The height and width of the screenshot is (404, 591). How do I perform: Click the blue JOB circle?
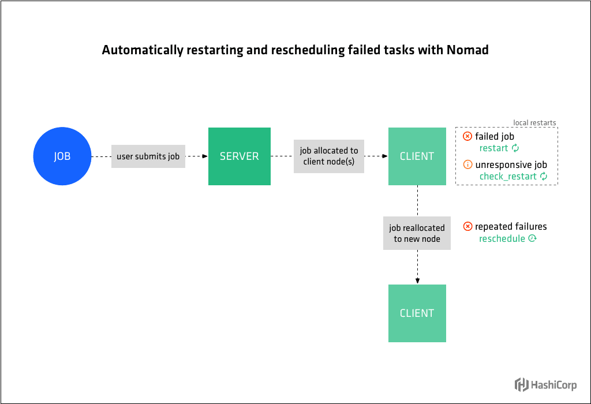click(62, 156)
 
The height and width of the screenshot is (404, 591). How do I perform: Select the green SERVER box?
click(239, 156)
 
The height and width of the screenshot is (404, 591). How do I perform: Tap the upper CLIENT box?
click(417, 156)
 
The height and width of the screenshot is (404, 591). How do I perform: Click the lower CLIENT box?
click(417, 313)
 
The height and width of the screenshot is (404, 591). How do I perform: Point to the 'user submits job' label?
click(148, 156)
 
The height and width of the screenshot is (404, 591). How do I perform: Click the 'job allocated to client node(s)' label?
click(329, 156)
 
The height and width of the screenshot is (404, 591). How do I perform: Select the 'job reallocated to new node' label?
click(417, 233)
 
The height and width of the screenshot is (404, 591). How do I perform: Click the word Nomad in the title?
click(467, 50)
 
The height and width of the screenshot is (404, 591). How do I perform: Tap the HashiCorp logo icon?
click(521, 384)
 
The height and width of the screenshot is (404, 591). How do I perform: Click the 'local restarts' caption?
click(534, 122)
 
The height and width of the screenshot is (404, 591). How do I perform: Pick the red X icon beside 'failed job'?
click(467, 137)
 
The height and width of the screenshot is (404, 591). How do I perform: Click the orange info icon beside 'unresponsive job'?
click(467, 165)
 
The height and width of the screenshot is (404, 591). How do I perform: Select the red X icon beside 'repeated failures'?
click(467, 227)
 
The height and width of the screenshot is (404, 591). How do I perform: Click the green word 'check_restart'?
click(508, 177)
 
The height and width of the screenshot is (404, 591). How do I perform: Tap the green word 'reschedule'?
click(502, 238)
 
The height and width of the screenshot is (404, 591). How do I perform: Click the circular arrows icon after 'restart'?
click(516, 148)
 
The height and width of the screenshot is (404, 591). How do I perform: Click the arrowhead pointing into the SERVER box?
click(204, 156)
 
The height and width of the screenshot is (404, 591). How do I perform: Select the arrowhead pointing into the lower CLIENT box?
click(417, 280)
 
